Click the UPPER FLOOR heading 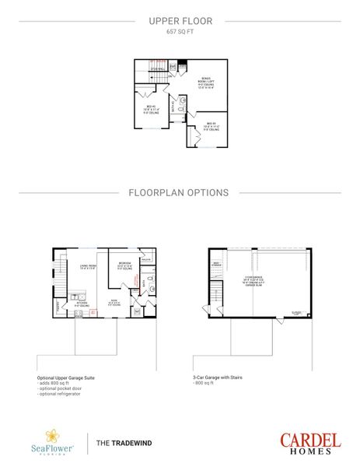point(180,23)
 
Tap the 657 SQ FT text point(180,33)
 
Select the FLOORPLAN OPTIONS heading point(180,191)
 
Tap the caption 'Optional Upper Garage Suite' point(66,377)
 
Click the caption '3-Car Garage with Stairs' point(218,377)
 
